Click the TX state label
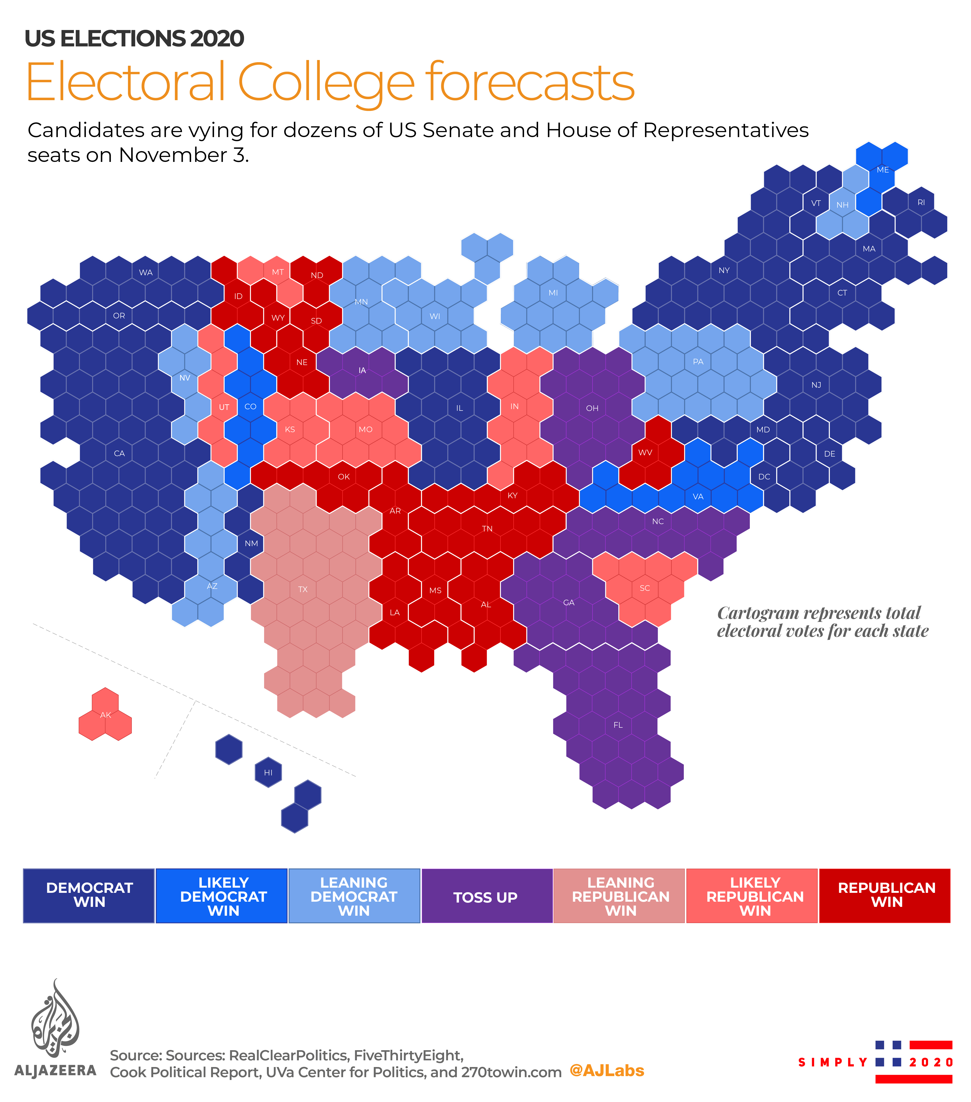pos(303,589)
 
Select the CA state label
pos(119,453)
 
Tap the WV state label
pos(645,452)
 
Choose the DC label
pos(764,477)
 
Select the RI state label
pos(921,203)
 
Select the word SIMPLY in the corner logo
pos(832,1062)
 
